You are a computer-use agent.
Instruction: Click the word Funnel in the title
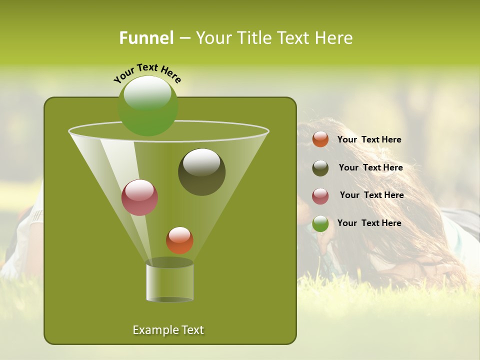click(x=146, y=38)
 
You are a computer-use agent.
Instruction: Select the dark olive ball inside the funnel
click(x=202, y=172)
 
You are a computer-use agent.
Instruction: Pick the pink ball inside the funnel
click(x=140, y=197)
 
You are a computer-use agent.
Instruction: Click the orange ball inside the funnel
click(x=179, y=240)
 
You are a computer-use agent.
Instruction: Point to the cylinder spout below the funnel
click(x=169, y=282)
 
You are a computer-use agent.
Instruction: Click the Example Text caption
click(x=168, y=330)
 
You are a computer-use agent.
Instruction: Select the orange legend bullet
click(x=320, y=139)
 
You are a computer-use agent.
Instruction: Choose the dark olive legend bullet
click(x=320, y=168)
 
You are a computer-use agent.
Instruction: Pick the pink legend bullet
click(x=320, y=195)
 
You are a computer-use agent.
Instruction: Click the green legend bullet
click(x=320, y=223)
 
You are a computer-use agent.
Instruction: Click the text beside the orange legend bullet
click(x=369, y=139)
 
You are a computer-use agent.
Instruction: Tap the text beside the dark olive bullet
click(x=370, y=167)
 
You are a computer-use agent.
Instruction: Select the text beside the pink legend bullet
click(x=371, y=195)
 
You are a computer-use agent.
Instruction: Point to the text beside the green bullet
click(x=369, y=223)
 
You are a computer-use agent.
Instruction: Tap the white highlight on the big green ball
click(x=147, y=93)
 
